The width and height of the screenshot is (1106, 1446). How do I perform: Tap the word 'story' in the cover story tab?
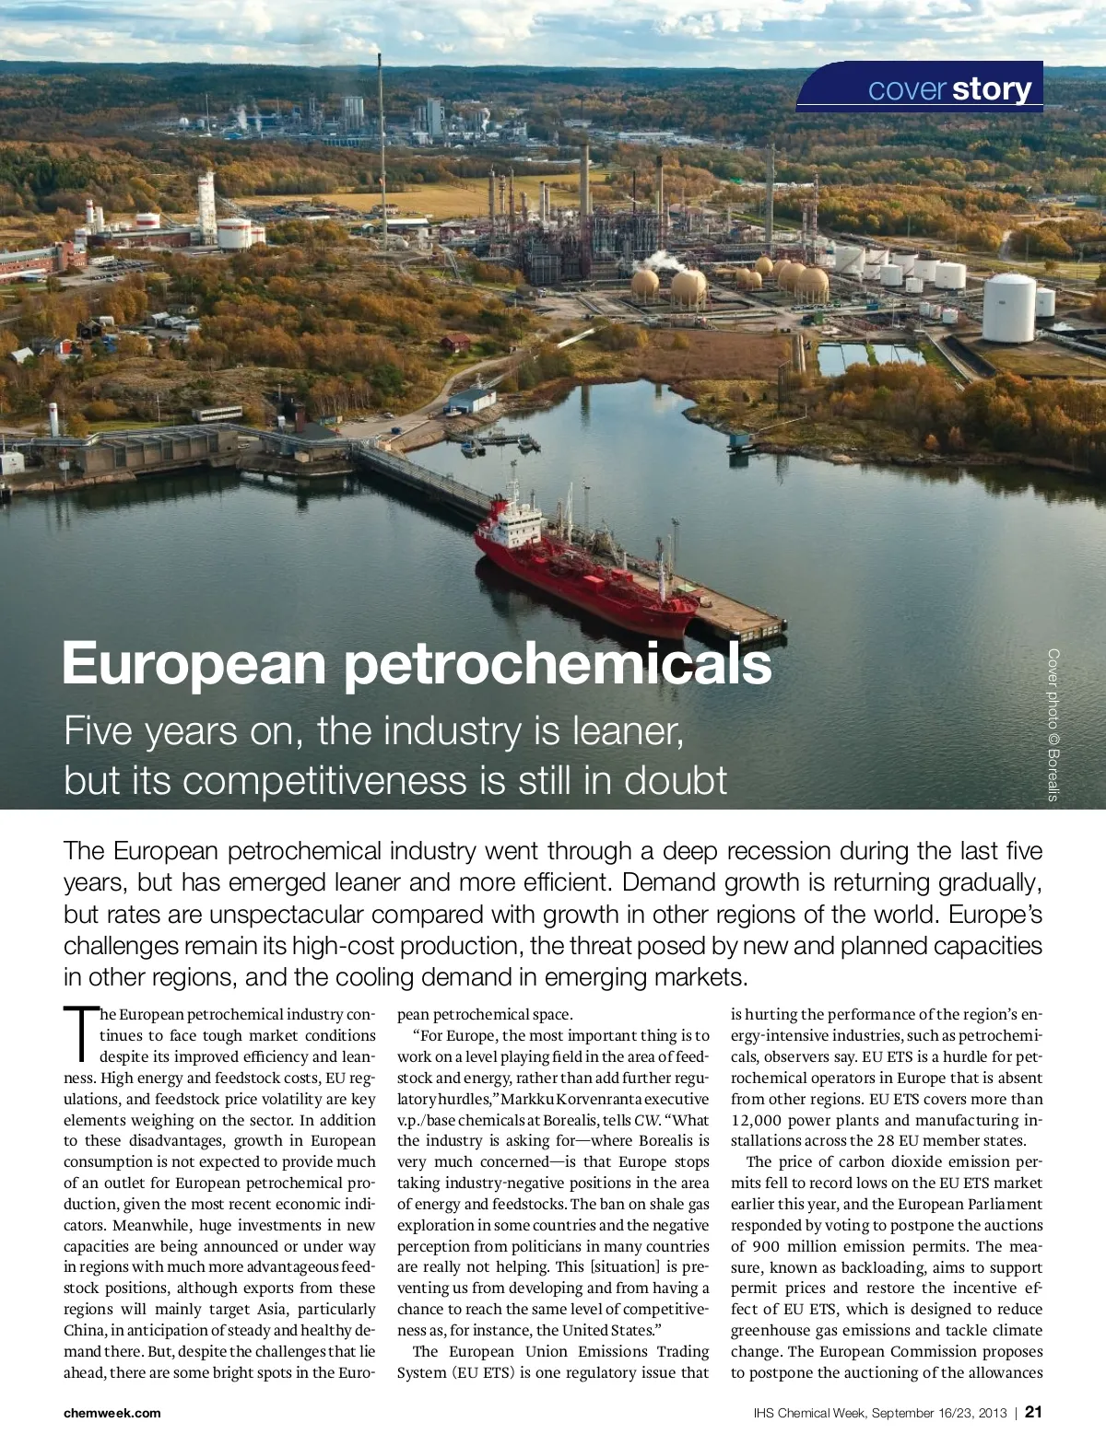click(992, 89)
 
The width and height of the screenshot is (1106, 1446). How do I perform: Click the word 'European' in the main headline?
click(194, 664)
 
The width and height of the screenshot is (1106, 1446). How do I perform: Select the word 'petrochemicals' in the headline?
click(558, 664)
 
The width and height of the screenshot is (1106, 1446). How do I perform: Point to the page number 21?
click(1033, 1412)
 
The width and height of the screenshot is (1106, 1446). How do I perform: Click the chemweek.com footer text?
click(112, 1413)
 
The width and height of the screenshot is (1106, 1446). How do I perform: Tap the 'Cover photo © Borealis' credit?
click(1053, 725)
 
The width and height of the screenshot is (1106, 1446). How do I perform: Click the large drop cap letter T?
click(80, 1034)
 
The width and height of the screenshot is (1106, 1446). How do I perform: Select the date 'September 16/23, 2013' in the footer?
click(939, 1413)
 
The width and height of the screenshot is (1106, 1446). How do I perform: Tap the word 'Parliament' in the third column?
click(1000, 1204)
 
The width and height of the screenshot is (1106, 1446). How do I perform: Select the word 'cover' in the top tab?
click(907, 89)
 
